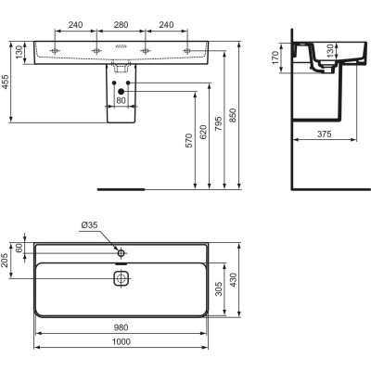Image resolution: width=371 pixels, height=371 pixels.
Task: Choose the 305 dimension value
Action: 220,291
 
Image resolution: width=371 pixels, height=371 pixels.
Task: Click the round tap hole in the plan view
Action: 120,251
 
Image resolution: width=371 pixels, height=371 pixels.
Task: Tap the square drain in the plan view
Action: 120,277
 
